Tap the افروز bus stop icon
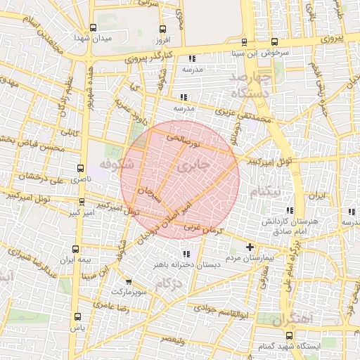(x=163, y=29)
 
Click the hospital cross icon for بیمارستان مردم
(x=250, y=247)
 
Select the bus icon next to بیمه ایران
(x=77, y=248)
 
